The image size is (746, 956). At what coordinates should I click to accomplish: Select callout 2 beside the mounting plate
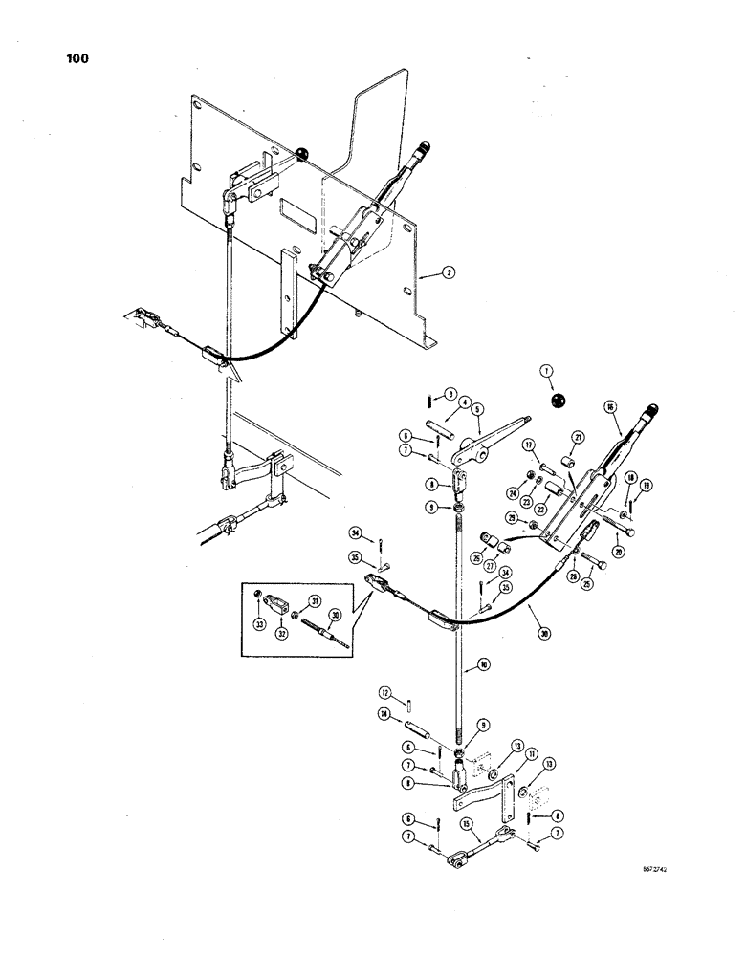pyautogui.click(x=447, y=273)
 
